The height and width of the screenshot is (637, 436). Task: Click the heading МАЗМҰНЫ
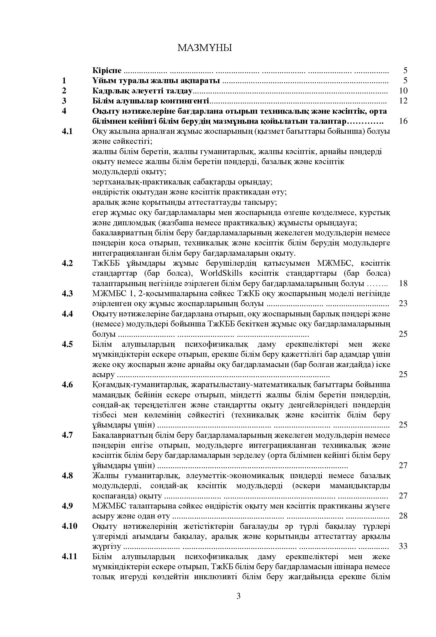click(x=204, y=48)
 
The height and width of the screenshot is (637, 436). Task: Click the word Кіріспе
click(x=107, y=70)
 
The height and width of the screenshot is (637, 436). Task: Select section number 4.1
click(x=67, y=131)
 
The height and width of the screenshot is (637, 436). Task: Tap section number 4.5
click(x=67, y=344)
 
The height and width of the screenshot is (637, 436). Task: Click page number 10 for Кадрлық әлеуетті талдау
click(x=403, y=91)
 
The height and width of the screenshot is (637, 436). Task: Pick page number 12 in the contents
click(x=403, y=101)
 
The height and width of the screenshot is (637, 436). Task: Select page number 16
click(x=403, y=121)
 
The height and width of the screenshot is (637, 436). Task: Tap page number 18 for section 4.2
click(x=403, y=283)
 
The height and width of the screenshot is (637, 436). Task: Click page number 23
click(x=403, y=304)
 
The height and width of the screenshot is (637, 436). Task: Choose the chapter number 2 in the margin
click(x=64, y=91)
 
